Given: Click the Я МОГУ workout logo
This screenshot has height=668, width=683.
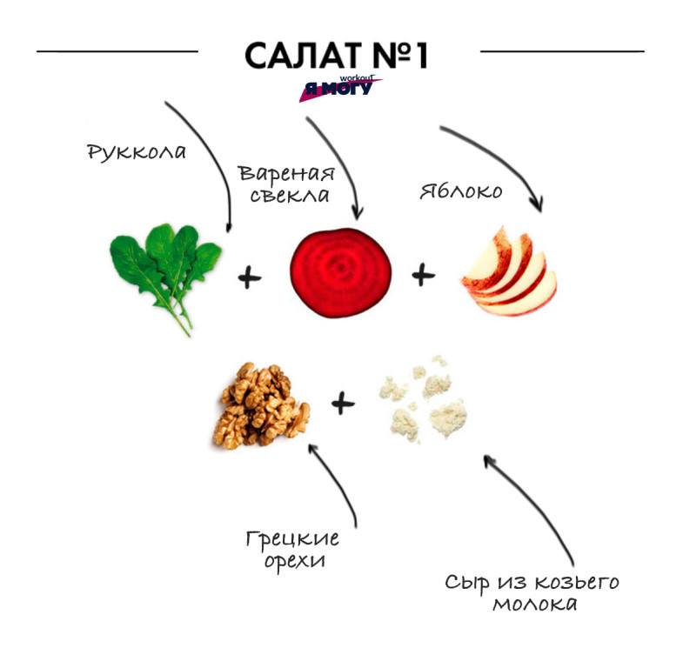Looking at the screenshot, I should [339, 88].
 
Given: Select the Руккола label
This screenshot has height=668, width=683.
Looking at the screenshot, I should [137, 152].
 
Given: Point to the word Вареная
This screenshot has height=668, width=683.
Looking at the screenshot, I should [287, 171].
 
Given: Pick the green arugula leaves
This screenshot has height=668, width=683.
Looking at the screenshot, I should [165, 270].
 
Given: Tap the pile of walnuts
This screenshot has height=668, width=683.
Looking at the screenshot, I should [260, 405].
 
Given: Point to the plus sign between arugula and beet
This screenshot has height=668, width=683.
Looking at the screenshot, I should [249, 279].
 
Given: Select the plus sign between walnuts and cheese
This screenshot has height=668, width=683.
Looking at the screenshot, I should [344, 403].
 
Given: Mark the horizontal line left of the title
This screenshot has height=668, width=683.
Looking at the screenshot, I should [117, 51].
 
